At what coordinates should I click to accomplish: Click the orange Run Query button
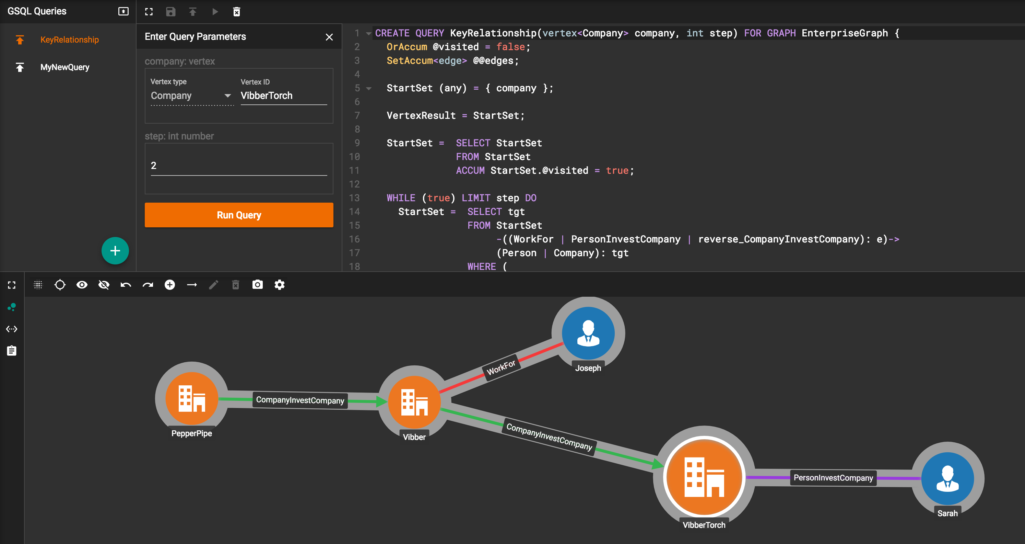(x=239, y=215)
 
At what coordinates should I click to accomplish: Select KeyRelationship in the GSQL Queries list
(x=69, y=40)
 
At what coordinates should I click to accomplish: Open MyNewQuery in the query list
(x=64, y=67)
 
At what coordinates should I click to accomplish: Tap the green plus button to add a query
(x=115, y=251)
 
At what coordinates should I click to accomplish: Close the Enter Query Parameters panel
(x=329, y=37)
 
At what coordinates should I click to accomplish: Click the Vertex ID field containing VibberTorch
(x=284, y=95)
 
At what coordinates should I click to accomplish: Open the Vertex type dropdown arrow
(x=227, y=95)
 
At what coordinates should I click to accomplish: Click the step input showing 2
(x=239, y=166)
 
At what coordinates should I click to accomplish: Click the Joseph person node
(x=588, y=333)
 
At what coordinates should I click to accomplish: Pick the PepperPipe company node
(x=192, y=398)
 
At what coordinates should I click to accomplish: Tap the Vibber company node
(x=414, y=402)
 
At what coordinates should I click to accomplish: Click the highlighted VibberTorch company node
(x=704, y=476)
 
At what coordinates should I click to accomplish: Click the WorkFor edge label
(x=501, y=367)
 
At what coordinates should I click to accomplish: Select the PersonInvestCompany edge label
(x=833, y=477)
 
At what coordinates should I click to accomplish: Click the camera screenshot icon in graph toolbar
(x=257, y=285)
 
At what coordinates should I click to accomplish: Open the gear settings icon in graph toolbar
(x=279, y=285)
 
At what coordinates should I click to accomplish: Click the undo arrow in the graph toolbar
(x=126, y=285)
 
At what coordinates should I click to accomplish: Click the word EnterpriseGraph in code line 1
(x=845, y=33)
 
